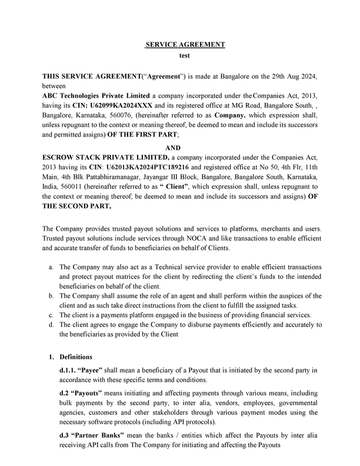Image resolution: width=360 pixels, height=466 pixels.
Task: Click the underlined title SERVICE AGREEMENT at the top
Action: pyautogui.click(x=186, y=45)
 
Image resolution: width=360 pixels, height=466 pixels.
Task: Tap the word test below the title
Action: pyautogui.click(x=186, y=56)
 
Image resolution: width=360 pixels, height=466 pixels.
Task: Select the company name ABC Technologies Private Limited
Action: pyautogui.click(x=96, y=96)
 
